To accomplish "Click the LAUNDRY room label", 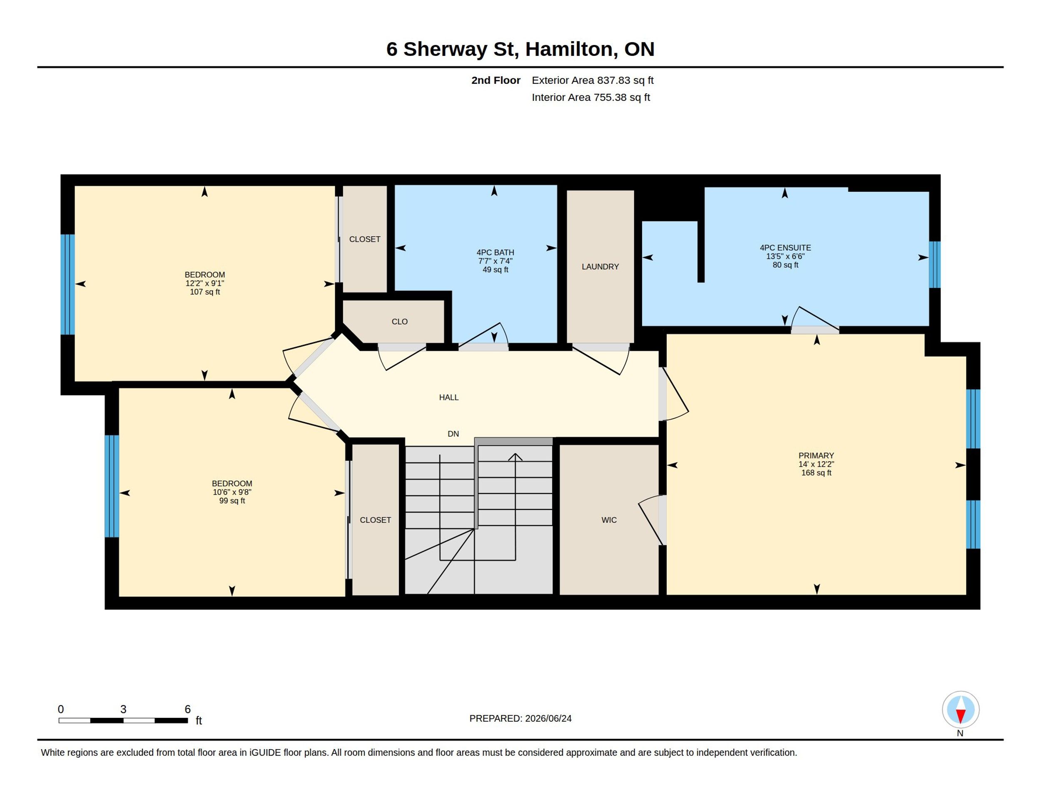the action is pos(600,267).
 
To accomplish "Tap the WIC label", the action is pos(609,520).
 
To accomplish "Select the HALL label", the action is pos(449,397).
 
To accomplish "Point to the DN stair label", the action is pos(453,433).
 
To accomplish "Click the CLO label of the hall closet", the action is pos(400,321).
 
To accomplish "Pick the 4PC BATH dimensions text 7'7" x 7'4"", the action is pos(496,261).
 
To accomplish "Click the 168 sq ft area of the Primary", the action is pos(817,472).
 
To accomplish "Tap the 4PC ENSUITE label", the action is pos(785,247).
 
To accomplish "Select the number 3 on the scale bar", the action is pos(123,709).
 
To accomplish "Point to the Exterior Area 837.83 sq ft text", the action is pos(593,80).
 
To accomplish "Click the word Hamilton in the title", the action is pos(569,49).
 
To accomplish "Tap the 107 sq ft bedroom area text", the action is pos(205,292).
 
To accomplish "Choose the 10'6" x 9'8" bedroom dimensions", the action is pos(232,492).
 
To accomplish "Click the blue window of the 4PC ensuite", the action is pos(935,265).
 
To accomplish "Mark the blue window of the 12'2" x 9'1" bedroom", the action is pos(68,284).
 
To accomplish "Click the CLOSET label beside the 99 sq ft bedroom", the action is pos(376,520).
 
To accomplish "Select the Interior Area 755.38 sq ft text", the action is pos(591,97).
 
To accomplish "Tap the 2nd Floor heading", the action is pos(496,80).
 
